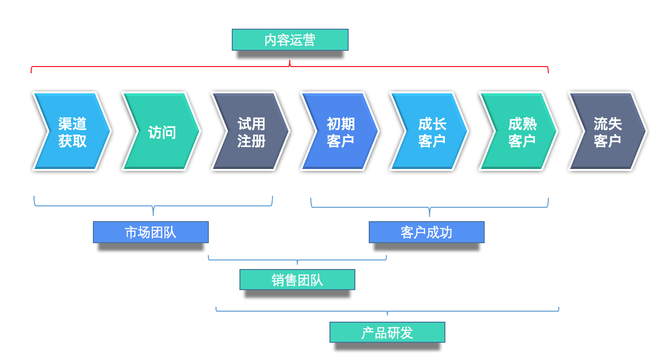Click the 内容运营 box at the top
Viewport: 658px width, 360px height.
pos(290,40)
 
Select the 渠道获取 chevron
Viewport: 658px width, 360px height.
pos(72,132)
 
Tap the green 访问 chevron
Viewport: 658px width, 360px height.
pos(161,132)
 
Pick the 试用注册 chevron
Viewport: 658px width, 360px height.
pos(251,132)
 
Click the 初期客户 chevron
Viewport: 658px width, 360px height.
pos(340,132)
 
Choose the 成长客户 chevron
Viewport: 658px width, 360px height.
pos(430,132)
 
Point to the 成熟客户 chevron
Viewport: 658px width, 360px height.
pos(519,132)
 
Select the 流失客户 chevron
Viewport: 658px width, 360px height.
pos(607,132)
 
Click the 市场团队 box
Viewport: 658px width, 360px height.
pos(150,232)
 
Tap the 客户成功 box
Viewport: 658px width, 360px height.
pos(426,232)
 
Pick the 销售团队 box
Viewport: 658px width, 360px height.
pos(297,280)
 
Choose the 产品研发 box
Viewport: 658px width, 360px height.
pos(387,332)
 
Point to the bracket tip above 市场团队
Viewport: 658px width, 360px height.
pos(153,214)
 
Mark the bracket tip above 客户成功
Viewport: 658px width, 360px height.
pos(430,215)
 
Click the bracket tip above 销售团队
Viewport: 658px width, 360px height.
pos(297,263)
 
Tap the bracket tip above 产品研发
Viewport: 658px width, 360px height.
pos(387,314)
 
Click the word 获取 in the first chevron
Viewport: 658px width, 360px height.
pos(72,141)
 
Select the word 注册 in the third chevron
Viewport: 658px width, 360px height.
pos(251,141)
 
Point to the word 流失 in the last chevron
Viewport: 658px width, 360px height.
pos(607,124)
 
